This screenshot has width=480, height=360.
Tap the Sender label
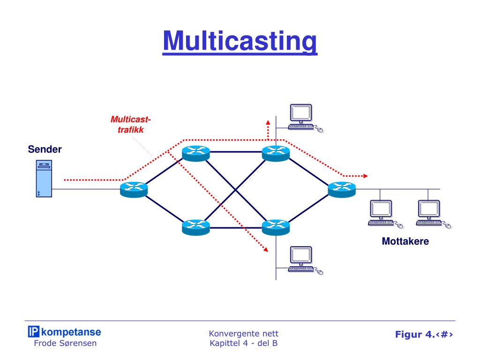45,150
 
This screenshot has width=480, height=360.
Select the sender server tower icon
44,179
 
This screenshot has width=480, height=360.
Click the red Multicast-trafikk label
131,125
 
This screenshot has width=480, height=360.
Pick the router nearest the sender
134,189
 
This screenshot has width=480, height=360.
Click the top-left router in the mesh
196,153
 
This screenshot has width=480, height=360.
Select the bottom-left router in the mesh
196,227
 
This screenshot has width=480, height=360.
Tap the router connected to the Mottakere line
342,189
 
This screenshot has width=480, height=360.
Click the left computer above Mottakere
385,214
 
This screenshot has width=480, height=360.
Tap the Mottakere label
405,241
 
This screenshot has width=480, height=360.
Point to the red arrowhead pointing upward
268,122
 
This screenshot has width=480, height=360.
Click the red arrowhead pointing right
366,176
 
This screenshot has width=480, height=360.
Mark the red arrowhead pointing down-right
266,249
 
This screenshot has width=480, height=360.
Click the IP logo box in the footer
33,331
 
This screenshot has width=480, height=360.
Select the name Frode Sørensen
65,343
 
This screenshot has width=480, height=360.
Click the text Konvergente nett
244,333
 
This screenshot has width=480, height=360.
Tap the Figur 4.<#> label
424,334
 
